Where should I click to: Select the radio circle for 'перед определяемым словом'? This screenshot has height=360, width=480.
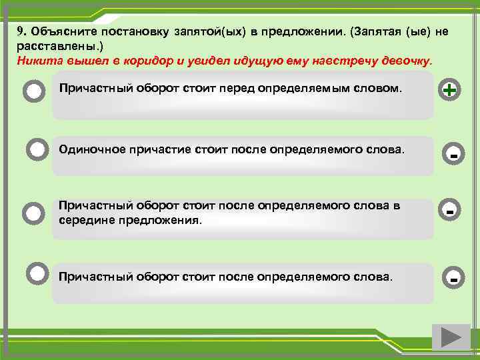[34, 91]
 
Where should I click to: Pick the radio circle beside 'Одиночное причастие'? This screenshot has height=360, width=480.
[37, 150]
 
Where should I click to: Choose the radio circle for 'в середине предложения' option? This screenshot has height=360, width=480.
[33, 213]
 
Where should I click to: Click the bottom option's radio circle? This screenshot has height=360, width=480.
[37, 272]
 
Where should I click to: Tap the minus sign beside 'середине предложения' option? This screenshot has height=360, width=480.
[451, 211]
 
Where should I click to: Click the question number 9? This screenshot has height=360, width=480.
[21, 31]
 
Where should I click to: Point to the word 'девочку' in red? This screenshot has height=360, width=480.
[406, 60]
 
